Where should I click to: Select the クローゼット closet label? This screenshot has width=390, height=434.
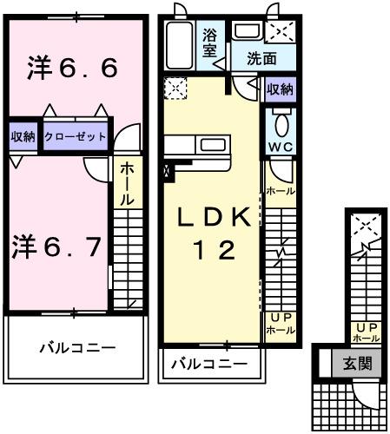[76, 137]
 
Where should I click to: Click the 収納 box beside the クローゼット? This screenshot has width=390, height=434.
[23, 137]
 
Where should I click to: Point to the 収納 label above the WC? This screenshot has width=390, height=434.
[280, 89]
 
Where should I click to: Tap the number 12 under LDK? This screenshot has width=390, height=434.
[213, 251]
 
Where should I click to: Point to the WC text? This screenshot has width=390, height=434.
[280, 147]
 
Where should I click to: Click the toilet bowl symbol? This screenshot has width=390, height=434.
[280, 120]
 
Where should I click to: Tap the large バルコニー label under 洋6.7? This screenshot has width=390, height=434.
[76, 348]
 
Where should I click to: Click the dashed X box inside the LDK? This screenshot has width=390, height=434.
[175, 89]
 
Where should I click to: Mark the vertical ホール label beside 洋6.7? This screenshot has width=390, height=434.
[126, 185]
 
